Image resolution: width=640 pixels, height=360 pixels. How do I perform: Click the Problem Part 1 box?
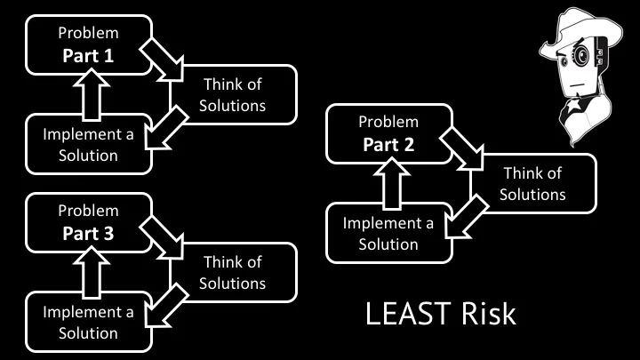[88, 44]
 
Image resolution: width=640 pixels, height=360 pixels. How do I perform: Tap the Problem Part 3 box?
[88, 222]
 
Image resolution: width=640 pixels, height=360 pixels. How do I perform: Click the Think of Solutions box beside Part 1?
[233, 95]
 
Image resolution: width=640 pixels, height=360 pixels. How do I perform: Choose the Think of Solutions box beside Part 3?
[233, 273]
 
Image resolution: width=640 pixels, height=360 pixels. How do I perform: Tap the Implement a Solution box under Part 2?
[388, 233]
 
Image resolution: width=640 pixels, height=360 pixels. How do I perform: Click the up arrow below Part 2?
[391, 182]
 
